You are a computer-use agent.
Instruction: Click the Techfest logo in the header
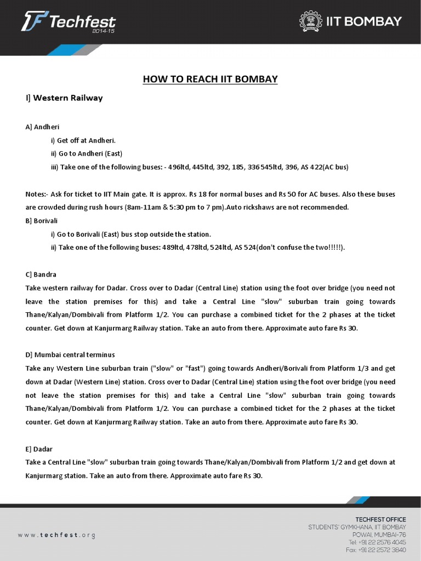(x=68, y=22)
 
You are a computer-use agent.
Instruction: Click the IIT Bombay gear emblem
(x=311, y=21)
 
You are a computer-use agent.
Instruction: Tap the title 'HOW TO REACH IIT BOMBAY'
(x=210, y=79)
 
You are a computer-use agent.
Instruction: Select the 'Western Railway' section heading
(x=64, y=98)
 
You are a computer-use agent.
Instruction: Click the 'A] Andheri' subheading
(x=42, y=127)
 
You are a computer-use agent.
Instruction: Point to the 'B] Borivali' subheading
(x=41, y=220)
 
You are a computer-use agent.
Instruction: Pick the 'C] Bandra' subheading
(x=41, y=274)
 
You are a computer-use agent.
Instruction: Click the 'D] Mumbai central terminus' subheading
(x=70, y=354)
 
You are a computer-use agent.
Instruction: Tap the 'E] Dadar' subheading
(x=39, y=449)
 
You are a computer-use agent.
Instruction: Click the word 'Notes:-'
(x=37, y=194)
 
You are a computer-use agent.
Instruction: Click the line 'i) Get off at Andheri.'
(x=83, y=140)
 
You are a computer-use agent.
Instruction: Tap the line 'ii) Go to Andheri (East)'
(x=87, y=153)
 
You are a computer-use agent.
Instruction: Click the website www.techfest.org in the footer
(x=56, y=535)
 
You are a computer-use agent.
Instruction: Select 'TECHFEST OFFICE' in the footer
(x=380, y=519)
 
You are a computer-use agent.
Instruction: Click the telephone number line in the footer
(x=377, y=542)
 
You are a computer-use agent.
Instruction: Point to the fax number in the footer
(x=376, y=549)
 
